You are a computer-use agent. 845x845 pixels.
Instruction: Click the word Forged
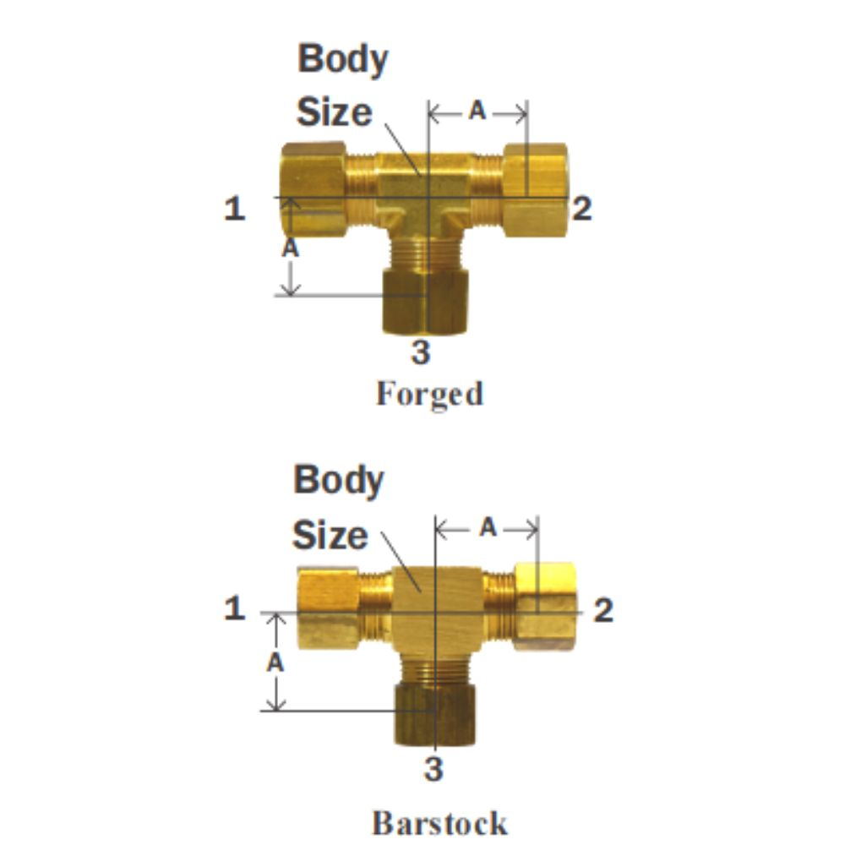point(429,394)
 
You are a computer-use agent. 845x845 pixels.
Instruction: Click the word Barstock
point(439,822)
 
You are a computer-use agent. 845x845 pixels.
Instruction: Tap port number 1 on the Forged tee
point(234,208)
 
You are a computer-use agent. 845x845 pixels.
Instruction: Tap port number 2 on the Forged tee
point(581,208)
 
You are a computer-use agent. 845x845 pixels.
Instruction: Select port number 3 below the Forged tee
point(420,352)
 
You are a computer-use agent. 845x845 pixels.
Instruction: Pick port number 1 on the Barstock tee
point(234,608)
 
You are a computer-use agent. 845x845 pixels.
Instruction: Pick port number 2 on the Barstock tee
point(602,610)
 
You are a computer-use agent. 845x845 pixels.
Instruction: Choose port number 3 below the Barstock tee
point(433,770)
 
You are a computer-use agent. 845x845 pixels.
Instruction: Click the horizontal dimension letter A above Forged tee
point(477,112)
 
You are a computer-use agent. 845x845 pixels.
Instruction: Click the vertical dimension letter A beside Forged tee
point(290,248)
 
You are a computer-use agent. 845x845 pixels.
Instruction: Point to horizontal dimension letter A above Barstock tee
point(488,528)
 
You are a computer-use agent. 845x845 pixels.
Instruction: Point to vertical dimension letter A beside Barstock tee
point(275,663)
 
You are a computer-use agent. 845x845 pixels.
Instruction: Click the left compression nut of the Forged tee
point(313,189)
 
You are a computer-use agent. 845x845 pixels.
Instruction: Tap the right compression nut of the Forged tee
point(535,190)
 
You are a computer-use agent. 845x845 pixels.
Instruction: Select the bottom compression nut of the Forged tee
point(425,301)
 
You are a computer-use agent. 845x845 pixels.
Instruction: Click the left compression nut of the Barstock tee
point(328,608)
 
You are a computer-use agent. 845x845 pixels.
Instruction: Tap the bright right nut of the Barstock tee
point(547,605)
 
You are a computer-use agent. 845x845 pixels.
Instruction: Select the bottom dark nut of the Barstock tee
point(434,715)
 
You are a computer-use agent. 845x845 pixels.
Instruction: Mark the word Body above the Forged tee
point(342,59)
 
